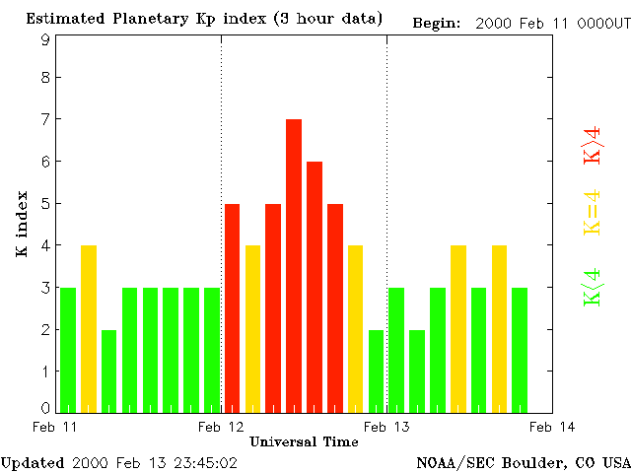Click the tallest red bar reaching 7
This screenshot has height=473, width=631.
pos(293,265)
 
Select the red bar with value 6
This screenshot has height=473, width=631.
pos(315,286)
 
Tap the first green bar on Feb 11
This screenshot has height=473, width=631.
pos(68,350)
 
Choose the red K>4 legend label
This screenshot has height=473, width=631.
pos(593,144)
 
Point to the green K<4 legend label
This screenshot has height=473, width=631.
pos(593,287)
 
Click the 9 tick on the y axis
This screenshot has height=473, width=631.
pos(45,39)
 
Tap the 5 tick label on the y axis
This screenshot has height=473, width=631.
pos(45,204)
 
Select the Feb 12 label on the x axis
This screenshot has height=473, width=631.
pos(221,426)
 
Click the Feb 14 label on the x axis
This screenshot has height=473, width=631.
pos(552,426)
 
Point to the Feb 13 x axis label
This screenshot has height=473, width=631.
pos(386,426)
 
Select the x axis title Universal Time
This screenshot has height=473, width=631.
pos(304,441)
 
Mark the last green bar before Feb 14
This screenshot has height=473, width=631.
pos(520,350)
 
